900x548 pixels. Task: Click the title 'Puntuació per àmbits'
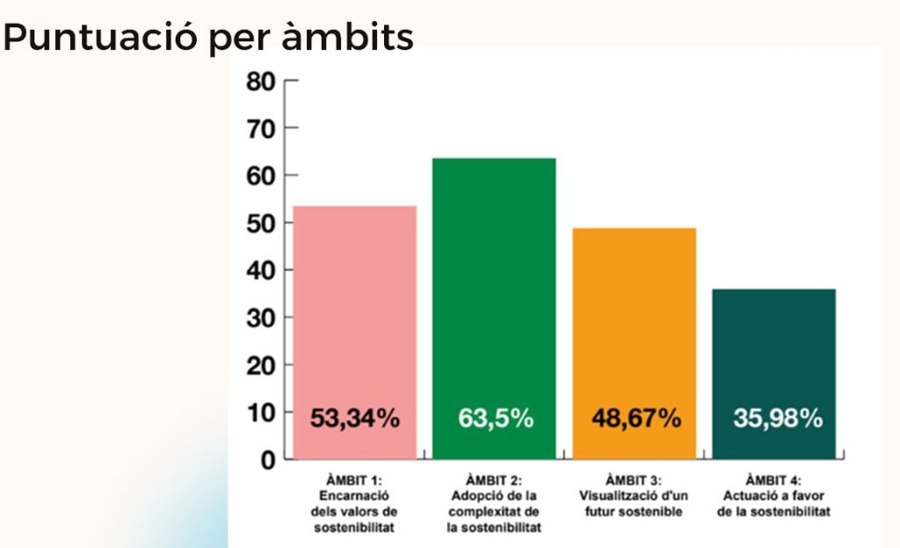208,38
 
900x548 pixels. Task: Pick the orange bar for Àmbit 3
634,325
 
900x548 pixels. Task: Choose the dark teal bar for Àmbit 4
773,352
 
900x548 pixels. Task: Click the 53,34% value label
355,419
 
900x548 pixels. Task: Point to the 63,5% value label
495,419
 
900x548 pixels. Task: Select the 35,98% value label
777,419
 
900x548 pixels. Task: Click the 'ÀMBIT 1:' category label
355,480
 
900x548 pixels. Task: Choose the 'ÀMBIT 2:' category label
494,480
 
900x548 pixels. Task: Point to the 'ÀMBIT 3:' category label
633,480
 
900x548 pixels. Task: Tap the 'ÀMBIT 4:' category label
773,480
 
